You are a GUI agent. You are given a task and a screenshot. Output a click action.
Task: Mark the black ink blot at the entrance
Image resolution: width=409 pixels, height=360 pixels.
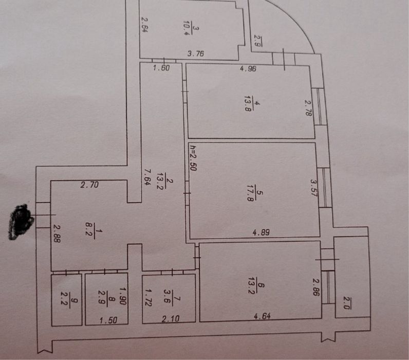21,222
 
